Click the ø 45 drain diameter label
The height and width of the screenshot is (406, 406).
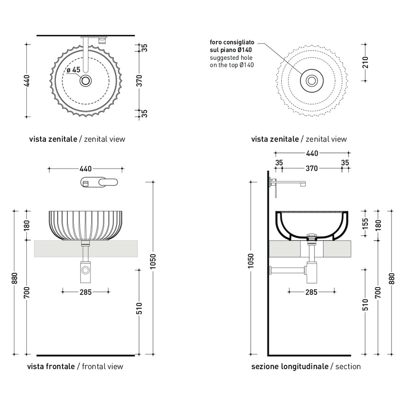[73, 70]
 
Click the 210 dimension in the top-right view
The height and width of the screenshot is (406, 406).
[365, 62]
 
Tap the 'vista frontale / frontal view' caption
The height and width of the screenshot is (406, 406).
[75, 366]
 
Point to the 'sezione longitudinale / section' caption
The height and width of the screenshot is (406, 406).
[306, 366]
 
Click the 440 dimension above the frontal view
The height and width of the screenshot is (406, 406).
[85, 169]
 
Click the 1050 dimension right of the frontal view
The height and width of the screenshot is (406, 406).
[153, 267]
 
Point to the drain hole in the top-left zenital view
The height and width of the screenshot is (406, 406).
[86, 80]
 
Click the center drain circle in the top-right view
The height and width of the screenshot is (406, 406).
[312, 80]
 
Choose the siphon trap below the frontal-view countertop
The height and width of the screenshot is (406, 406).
[86, 270]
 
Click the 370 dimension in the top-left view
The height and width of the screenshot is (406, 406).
[139, 80]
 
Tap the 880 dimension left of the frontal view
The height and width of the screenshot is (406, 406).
[14, 278]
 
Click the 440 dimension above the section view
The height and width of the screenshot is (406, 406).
[311, 153]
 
